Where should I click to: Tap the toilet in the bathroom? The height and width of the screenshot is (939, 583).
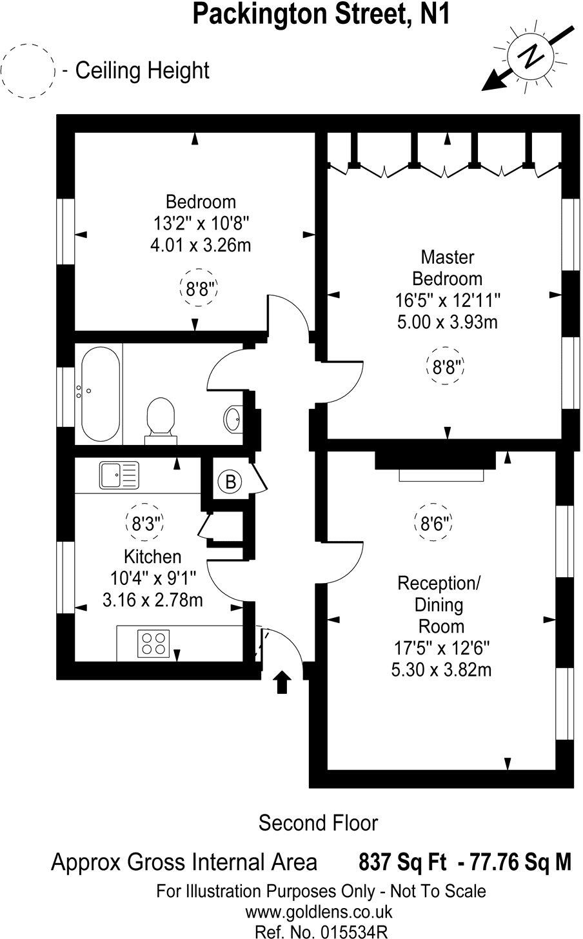(x=161, y=419)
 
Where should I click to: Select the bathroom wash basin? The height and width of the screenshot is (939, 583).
(x=233, y=420)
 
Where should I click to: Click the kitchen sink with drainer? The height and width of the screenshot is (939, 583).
(x=119, y=475)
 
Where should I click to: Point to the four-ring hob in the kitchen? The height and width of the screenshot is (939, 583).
(x=153, y=644)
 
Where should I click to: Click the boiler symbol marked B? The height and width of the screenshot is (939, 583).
(x=230, y=480)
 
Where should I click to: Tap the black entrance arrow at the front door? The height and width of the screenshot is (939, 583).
(x=282, y=682)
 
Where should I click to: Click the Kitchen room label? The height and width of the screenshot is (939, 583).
(x=152, y=556)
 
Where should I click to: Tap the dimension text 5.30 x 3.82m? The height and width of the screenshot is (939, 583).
(x=441, y=669)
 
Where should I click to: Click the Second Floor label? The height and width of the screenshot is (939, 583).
(x=318, y=823)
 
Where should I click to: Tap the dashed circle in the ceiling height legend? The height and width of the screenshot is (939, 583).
(x=28, y=70)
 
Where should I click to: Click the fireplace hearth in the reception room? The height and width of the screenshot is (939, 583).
(x=440, y=475)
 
